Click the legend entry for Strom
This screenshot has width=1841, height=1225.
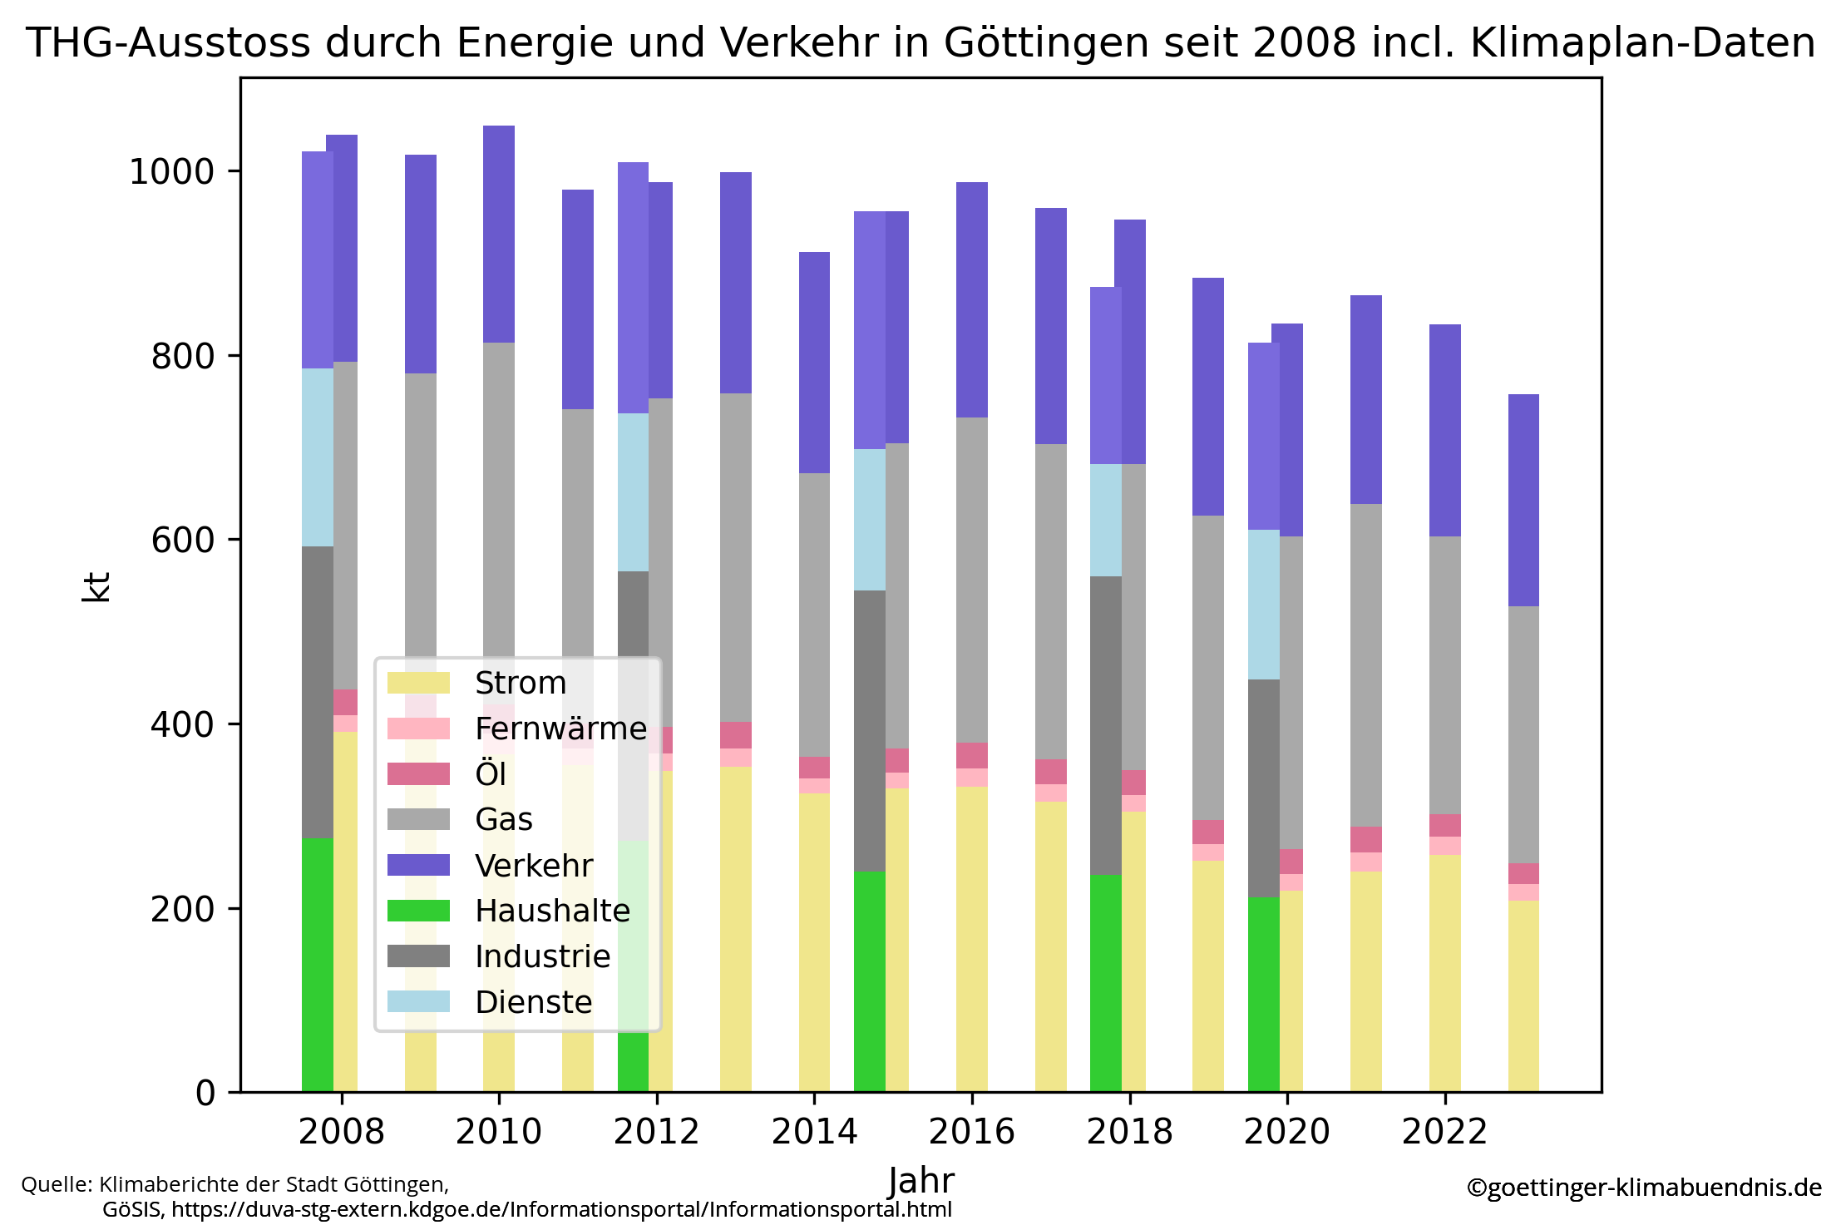pos(520,683)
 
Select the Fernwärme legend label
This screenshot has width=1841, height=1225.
pos(560,729)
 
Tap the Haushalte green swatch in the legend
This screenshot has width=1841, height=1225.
pos(418,911)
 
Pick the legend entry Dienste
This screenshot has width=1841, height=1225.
pos(533,1002)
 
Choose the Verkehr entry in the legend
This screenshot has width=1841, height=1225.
pos(533,866)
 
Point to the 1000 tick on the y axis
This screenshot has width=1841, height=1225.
pos(171,171)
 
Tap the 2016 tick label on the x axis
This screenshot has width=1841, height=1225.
pos(971,1132)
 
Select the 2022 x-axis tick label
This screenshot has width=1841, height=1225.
pos(1444,1132)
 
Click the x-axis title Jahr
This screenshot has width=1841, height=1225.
pos(920,1181)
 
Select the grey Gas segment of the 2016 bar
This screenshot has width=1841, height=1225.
pos(971,580)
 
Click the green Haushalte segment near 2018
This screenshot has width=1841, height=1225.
pos(1105,981)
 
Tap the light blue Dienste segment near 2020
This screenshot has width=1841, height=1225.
pos(1263,604)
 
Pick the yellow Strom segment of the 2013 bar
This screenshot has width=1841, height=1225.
pos(735,927)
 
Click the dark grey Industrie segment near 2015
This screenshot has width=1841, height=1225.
pos(869,730)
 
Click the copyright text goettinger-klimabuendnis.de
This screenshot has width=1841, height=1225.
pos(1643,1187)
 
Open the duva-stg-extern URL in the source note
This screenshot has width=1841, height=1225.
pos(561,1209)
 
